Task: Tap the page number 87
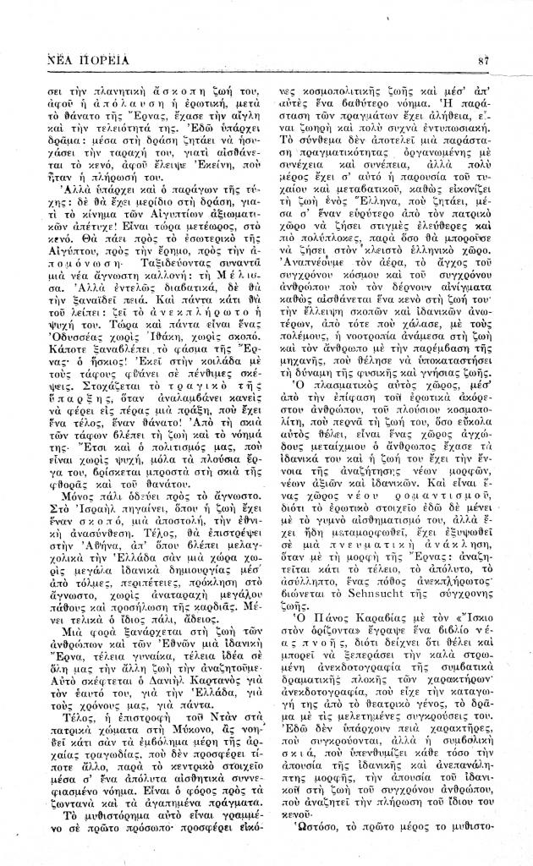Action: [x=485, y=60]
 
